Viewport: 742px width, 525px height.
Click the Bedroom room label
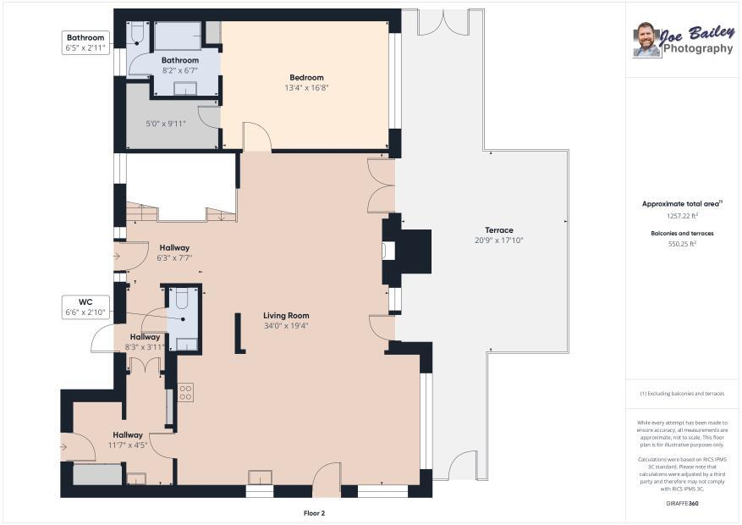point(306,78)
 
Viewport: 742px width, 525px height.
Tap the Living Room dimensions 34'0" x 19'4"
point(286,326)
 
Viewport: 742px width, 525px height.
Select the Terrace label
point(499,230)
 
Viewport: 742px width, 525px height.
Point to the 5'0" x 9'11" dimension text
point(166,124)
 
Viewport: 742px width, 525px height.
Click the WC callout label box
point(85,307)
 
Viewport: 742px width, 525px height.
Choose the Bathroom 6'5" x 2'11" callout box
point(85,42)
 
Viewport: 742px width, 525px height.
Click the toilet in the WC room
point(182,299)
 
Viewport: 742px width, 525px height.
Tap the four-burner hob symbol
point(185,391)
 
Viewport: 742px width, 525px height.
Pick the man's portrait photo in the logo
point(647,40)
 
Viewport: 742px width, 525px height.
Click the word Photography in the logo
point(697,48)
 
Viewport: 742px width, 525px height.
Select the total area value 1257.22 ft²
point(682,216)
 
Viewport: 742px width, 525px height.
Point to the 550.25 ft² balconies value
point(682,244)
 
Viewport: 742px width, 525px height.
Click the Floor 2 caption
point(314,513)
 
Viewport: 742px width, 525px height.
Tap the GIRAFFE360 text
point(682,504)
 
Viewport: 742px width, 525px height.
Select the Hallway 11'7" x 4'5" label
point(128,439)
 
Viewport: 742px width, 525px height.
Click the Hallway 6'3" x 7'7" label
point(174,253)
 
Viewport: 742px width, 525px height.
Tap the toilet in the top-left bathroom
point(137,34)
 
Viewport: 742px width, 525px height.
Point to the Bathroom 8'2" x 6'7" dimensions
point(180,70)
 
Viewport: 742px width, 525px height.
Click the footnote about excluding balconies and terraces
point(682,394)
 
